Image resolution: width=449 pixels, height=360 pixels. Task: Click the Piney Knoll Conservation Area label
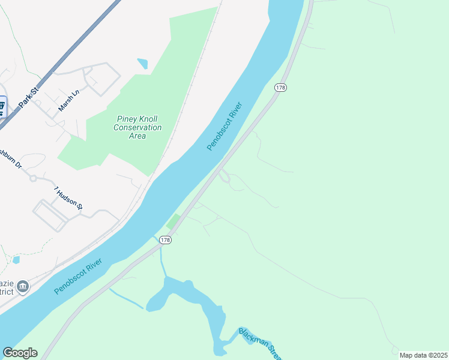(137, 127)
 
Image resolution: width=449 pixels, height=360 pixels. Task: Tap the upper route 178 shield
(280, 88)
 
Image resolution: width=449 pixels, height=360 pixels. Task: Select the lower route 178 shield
(166, 240)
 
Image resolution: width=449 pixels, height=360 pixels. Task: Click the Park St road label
(28, 98)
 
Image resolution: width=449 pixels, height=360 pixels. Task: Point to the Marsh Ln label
(68, 101)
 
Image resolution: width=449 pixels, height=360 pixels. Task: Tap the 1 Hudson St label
(68, 197)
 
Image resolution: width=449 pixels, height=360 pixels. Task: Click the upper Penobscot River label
(228, 125)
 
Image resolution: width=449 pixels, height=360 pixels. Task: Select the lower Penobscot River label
(78, 276)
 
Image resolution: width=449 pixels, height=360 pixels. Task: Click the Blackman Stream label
(259, 343)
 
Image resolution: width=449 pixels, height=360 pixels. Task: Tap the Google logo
(20, 353)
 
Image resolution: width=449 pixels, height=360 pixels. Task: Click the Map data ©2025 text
(423, 355)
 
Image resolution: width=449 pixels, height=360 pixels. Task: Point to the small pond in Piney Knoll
(142, 63)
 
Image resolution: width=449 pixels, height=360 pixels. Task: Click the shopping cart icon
(2, 107)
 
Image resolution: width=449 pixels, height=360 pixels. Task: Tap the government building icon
(23, 286)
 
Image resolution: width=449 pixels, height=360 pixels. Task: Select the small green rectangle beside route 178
(173, 221)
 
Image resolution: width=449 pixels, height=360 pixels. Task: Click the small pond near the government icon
(16, 260)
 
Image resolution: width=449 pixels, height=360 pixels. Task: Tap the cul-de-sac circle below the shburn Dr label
(33, 178)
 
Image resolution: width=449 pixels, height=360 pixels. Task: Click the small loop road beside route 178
(224, 176)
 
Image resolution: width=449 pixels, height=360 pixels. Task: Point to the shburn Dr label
(10, 160)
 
